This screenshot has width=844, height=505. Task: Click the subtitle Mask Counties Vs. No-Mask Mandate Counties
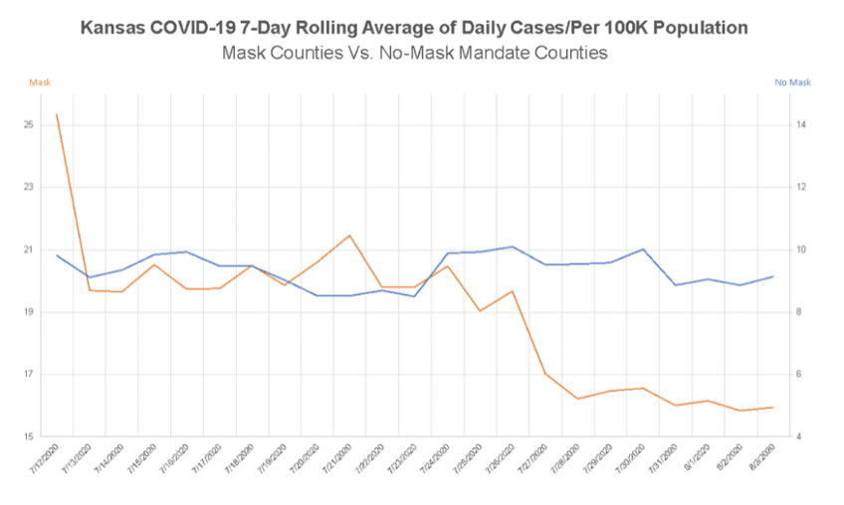(x=422, y=54)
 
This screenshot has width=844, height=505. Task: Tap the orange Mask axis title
(x=40, y=83)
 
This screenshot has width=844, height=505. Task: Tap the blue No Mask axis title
(x=792, y=83)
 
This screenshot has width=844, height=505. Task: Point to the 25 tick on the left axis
(x=29, y=125)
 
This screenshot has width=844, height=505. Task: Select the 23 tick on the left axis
(x=29, y=188)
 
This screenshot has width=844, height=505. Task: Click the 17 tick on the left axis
(x=29, y=375)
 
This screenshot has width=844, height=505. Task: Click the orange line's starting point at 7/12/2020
(x=57, y=114)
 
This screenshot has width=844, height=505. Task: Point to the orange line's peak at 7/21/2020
(x=349, y=236)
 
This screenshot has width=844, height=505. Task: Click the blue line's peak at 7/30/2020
(x=643, y=250)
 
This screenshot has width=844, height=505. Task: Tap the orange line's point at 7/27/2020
(x=545, y=374)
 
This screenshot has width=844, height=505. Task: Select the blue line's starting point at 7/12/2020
(x=57, y=255)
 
